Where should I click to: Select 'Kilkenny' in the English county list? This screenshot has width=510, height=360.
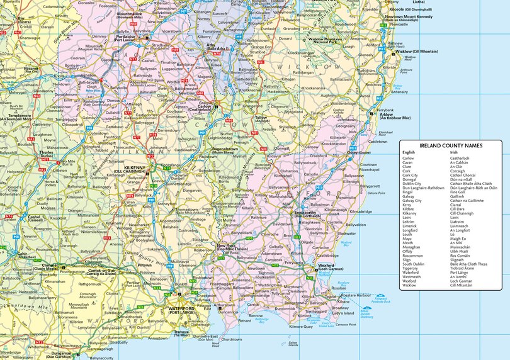tap(409, 213)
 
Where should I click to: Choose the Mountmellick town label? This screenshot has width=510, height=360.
tap(130, 13)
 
